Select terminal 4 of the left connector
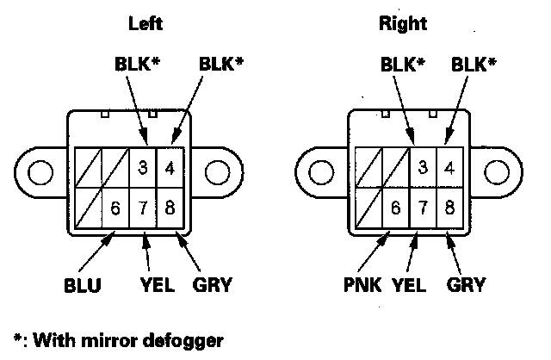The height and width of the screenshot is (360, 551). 170,169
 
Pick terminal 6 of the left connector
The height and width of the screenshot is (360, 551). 115,208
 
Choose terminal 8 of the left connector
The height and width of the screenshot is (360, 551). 170,208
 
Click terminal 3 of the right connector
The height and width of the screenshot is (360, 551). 423,169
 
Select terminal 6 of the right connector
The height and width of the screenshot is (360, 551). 395,208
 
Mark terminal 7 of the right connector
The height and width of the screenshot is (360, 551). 423,208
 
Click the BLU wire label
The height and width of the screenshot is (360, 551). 82,285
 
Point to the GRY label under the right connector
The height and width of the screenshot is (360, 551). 467,285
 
